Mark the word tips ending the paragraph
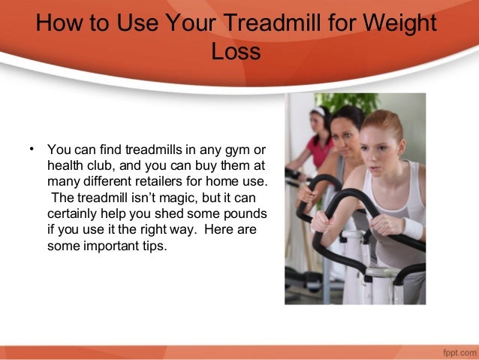pos(155,245)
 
